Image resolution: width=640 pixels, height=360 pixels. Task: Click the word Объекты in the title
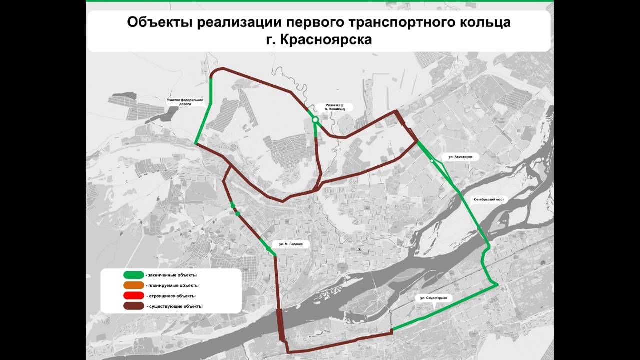pyautogui.click(x=154, y=23)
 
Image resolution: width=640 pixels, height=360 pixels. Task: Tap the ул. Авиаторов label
pyautogui.click(x=460, y=157)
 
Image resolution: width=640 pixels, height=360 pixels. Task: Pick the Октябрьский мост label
pyautogui.click(x=489, y=199)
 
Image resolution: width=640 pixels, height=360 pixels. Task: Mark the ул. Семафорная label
pyautogui.click(x=433, y=298)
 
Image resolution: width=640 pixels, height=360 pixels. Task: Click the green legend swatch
pyautogui.click(x=134, y=275)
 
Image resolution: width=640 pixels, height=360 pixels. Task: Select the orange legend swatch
pyautogui.click(x=134, y=285)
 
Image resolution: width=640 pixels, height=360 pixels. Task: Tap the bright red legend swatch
pyautogui.click(x=134, y=296)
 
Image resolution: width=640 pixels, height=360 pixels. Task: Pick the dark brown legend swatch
pyautogui.click(x=134, y=306)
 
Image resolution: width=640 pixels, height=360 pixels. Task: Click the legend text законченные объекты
pyautogui.click(x=172, y=275)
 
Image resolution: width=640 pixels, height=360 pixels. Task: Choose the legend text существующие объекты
pyautogui.click(x=175, y=306)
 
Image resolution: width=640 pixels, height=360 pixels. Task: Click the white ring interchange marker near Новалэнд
pyautogui.click(x=315, y=120)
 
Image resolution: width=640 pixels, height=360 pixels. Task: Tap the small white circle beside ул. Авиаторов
pyautogui.click(x=432, y=160)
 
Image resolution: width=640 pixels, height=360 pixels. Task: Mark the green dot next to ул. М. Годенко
pyautogui.click(x=268, y=248)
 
